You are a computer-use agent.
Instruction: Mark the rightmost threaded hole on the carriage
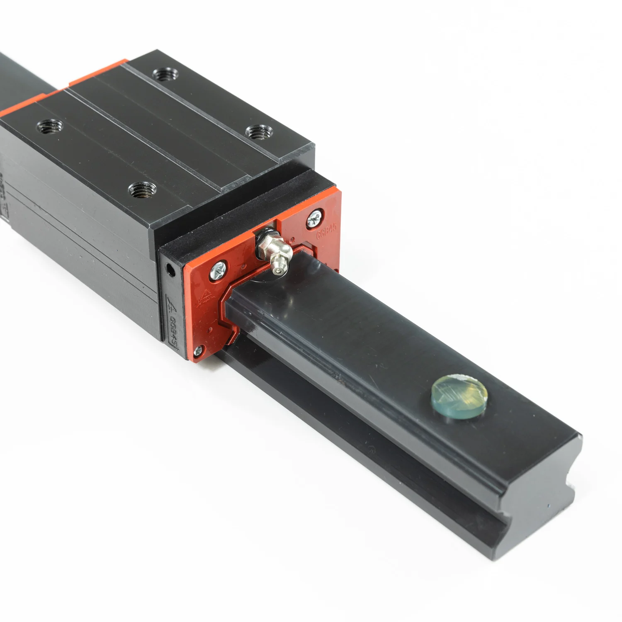point(256,133)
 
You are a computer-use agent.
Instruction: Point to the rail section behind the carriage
point(21,79)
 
